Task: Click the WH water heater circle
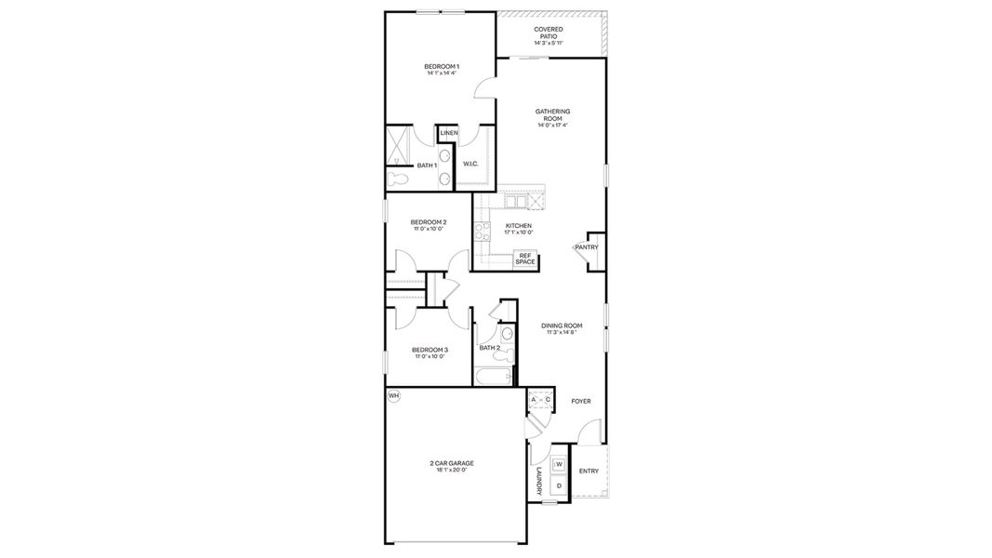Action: [x=393, y=396]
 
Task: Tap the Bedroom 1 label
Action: [x=442, y=66]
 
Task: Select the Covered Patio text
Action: [x=548, y=36]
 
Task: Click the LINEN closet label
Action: [x=448, y=133]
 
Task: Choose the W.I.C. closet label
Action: [x=470, y=164]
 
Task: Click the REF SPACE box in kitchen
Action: [x=525, y=259]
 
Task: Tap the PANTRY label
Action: [x=586, y=247]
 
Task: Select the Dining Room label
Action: [x=562, y=325]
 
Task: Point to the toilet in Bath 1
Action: [x=397, y=176]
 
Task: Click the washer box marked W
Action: [x=560, y=464]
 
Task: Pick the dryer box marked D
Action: [x=560, y=485]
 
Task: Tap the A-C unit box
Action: [x=540, y=400]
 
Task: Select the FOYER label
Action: [x=581, y=401]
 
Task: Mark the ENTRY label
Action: [x=589, y=472]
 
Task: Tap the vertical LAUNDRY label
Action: [x=538, y=482]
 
